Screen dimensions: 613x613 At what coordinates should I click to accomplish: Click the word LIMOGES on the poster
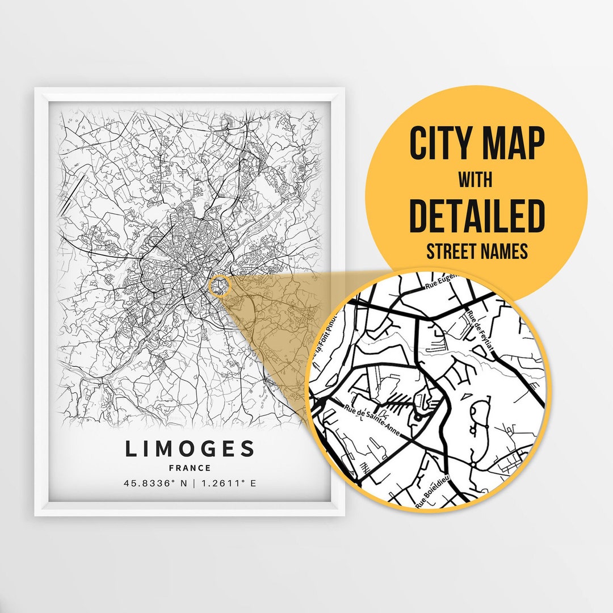(190, 449)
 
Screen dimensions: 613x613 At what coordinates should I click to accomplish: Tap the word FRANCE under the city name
(190, 468)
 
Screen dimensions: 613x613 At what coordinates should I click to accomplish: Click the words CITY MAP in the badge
(477, 144)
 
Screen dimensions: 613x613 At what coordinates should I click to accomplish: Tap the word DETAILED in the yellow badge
(477, 216)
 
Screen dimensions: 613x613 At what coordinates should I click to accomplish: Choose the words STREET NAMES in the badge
(477, 251)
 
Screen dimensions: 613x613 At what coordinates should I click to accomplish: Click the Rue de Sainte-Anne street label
(372, 421)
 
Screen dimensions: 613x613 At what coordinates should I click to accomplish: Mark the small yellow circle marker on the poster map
(219, 285)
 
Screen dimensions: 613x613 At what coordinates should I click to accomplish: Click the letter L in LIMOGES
(130, 449)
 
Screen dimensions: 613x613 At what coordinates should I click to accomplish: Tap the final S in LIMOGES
(247, 449)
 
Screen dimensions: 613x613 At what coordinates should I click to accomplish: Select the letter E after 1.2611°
(253, 484)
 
